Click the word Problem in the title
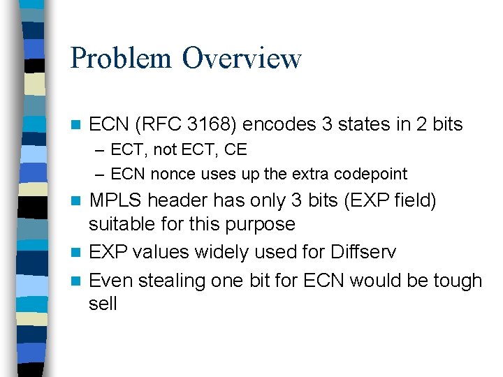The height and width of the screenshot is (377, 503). (121, 58)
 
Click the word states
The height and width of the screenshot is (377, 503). (366, 124)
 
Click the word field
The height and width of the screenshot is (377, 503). (414, 201)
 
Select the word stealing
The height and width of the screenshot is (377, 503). (165, 281)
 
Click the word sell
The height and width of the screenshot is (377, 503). (103, 304)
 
